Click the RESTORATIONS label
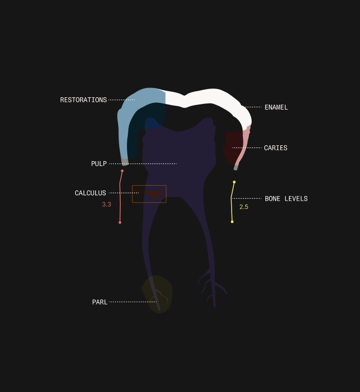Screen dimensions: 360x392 coord(83,100)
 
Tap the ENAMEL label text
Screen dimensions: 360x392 coord(276,107)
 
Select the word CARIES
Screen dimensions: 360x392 coord(276,148)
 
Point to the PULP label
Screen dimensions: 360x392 coord(99,164)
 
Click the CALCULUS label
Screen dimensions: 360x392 coord(91,193)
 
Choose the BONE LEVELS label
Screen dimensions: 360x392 coord(286,199)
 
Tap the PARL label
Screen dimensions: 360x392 coord(100,302)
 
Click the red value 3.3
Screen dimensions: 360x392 coord(107,205)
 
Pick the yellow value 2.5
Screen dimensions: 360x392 coord(244,207)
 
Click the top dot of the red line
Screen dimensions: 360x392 coord(122,171)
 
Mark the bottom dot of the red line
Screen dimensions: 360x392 coord(120,223)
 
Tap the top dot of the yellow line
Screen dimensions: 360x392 coord(234,182)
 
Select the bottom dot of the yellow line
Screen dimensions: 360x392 coord(232,222)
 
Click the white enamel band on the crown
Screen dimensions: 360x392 coord(212,96)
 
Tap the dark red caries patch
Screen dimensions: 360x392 coord(232,147)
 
